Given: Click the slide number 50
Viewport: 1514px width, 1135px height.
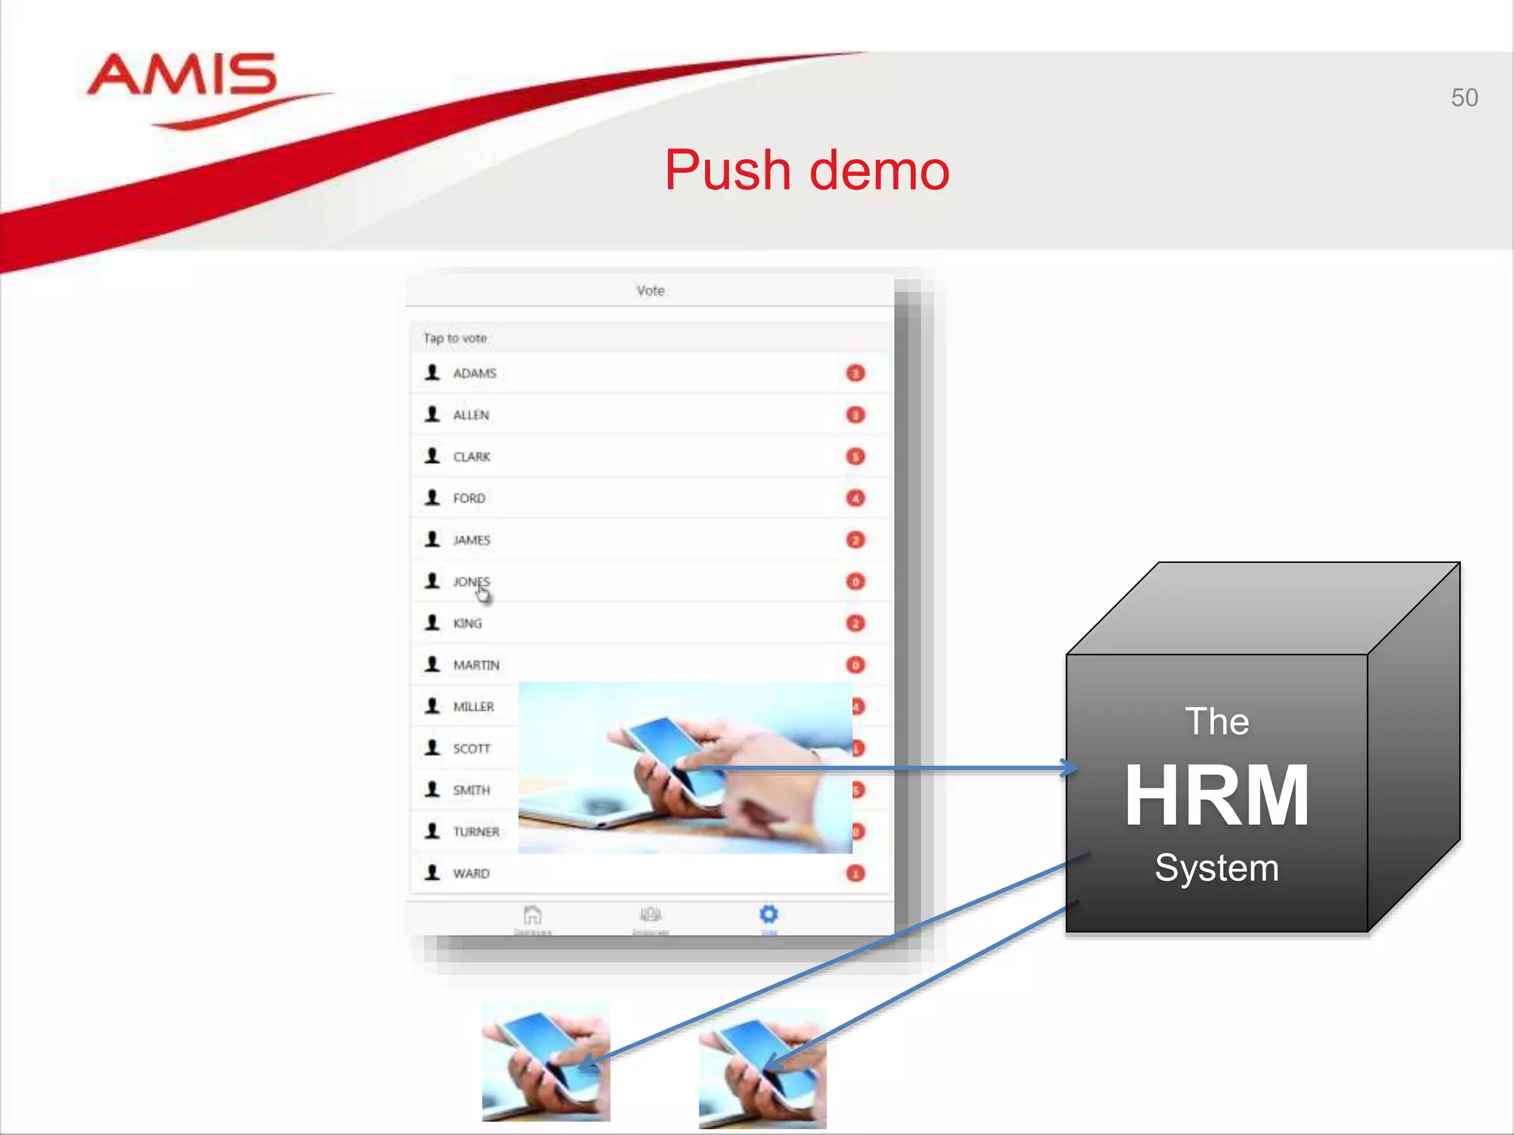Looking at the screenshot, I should pyautogui.click(x=1464, y=98).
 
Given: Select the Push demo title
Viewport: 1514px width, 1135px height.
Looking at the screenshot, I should pyautogui.click(x=807, y=170).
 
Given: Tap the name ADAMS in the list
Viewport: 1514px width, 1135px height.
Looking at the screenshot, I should pyautogui.click(x=475, y=373).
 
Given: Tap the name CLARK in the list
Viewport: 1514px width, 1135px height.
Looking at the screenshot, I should pyautogui.click(x=472, y=457).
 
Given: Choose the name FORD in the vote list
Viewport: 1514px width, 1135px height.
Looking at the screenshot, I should pyautogui.click(x=469, y=498).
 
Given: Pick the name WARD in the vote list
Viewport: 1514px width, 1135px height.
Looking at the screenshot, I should pyautogui.click(x=471, y=873).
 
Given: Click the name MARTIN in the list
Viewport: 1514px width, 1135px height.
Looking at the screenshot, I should pyautogui.click(x=476, y=665).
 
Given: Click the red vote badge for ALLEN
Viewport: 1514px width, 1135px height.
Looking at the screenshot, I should pyautogui.click(x=855, y=415).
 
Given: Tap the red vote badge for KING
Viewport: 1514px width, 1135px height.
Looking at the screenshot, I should pyautogui.click(x=855, y=624).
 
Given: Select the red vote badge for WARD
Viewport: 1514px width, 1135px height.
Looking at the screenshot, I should pyautogui.click(x=855, y=873).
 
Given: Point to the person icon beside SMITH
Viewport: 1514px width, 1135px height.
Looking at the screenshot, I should pyautogui.click(x=432, y=789).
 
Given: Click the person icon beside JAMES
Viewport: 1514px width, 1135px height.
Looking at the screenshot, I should pyautogui.click(x=432, y=539).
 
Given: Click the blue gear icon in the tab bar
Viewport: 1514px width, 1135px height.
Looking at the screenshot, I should pyautogui.click(x=769, y=915).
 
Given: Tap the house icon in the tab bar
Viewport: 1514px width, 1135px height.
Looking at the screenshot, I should pyautogui.click(x=532, y=916).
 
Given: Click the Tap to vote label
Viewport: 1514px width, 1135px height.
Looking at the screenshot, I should pyautogui.click(x=455, y=338).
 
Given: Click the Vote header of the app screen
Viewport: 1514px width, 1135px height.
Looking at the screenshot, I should pyautogui.click(x=651, y=291).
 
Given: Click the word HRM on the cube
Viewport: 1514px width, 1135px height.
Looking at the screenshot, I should pyautogui.click(x=1217, y=795).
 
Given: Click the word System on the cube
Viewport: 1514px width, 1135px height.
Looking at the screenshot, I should pyautogui.click(x=1217, y=868).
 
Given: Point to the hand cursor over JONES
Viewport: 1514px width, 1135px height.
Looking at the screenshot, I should pyautogui.click(x=483, y=593).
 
